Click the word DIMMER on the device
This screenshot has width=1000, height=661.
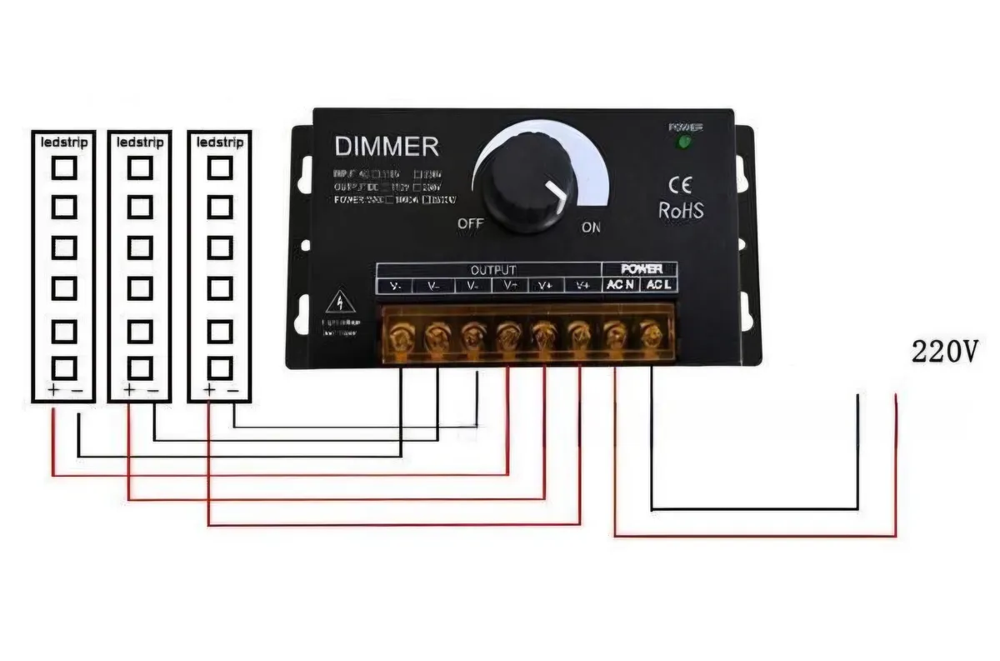click(386, 147)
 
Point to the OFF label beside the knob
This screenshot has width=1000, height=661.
click(471, 224)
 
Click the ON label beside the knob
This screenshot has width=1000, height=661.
click(590, 228)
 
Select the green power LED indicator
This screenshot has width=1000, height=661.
click(685, 143)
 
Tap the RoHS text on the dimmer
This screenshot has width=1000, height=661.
click(681, 210)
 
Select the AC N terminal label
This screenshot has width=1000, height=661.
click(620, 286)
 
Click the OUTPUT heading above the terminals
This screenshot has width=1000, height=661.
click(493, 270)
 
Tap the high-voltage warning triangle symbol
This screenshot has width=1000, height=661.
click(340, 302)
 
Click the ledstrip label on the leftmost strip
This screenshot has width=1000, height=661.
click(64, 143)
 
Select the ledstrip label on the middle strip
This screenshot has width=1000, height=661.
click(139, 143)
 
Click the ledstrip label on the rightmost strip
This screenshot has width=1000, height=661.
click(219, 143)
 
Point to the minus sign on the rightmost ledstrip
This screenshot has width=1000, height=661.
click(232, 390)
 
